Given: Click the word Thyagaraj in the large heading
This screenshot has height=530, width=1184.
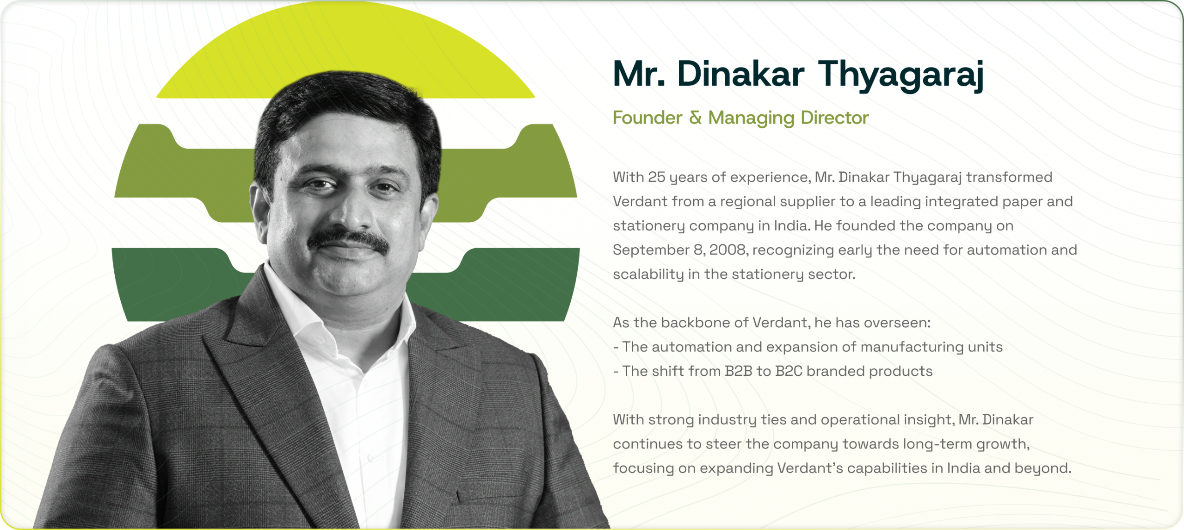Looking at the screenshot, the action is (x=900, y=75).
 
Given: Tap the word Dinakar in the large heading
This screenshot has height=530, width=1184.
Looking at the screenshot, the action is (x=740, y=74).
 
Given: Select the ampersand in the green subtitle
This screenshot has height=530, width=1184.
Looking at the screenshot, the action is (x=695, y=118).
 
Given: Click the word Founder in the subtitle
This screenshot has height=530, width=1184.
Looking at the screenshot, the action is (x=647, y=118).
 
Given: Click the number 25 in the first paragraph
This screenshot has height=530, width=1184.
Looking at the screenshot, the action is (x=656, y=177).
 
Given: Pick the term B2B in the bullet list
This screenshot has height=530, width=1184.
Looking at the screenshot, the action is (x=738, y=371).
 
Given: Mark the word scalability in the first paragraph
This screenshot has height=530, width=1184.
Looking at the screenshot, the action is (x=648, y=274).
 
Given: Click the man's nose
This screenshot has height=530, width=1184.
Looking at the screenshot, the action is (x=349, y=208).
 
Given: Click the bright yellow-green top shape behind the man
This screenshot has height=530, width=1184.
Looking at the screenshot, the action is (x=345, y=46).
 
